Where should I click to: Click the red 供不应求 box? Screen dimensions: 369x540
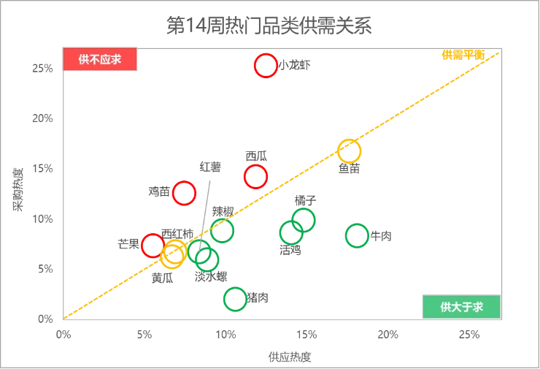(x=100, y=59)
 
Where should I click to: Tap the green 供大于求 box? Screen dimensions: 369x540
(x=461, y=307)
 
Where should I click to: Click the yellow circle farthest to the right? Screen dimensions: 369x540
(x=350, y=150)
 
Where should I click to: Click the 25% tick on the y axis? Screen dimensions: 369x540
(x=41, y=67)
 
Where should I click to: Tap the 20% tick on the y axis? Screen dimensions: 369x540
(x=41, y=118)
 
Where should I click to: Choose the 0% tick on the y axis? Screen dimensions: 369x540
(x=43, y=319)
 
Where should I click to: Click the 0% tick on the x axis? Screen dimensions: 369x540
(x=65, y=334)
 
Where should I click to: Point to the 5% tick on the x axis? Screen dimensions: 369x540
(x=146, y=334)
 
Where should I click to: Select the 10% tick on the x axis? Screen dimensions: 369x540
(x=227, y=334)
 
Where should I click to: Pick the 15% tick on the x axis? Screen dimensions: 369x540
(x=307, y=334)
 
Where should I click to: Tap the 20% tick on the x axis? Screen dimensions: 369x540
(x=387, y=334)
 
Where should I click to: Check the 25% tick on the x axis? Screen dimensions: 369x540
(x=468, y=334)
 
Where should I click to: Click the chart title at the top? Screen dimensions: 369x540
(x=269, y=25)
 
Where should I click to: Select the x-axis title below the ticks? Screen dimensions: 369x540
(x=291, y=357)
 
